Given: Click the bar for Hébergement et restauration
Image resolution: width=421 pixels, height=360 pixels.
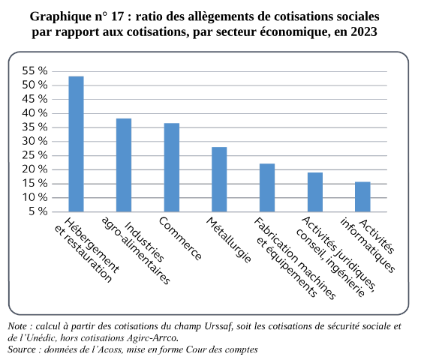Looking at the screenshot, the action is pos(77,144).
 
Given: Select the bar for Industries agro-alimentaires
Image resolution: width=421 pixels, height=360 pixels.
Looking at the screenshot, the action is pos(124,165).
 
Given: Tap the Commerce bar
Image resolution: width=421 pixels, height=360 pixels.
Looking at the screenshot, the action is pos(172,167).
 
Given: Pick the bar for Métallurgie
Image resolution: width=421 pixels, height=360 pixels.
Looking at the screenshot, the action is pos(219,179).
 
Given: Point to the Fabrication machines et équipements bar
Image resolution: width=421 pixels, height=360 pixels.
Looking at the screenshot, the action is pos(267,187).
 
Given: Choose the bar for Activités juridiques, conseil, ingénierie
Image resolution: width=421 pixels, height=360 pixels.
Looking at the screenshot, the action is pos(315,192).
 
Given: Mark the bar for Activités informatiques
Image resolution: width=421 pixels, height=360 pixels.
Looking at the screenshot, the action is pos(362,197).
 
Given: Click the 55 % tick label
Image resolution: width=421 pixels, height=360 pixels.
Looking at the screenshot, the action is pos(35,71).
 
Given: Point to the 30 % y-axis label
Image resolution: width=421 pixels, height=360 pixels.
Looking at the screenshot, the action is pos(35,141).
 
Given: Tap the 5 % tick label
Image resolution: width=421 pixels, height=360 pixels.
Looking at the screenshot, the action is pos(38,211).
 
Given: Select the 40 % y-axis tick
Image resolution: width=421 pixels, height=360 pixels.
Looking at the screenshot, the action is pos(35,113).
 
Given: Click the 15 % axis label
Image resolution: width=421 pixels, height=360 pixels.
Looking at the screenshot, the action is pos(35,184).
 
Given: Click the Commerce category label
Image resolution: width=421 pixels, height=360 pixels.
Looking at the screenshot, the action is pos(180,238).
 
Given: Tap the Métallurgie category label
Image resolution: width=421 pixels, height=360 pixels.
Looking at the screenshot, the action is pos(229,239).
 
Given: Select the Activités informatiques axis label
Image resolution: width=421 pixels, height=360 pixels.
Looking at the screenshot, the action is pos(368,245).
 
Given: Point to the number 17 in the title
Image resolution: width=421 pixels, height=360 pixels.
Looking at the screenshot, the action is pos(118,16).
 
